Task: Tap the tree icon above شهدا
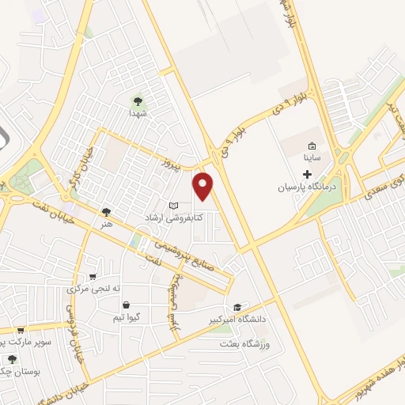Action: [138, 100]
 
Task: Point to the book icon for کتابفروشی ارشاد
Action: [174, 205]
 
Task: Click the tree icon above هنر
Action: [107, 211]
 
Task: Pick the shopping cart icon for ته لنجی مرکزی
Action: [94, 276]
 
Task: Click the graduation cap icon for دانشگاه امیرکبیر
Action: [237, 307]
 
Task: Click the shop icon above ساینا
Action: [312, 146]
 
